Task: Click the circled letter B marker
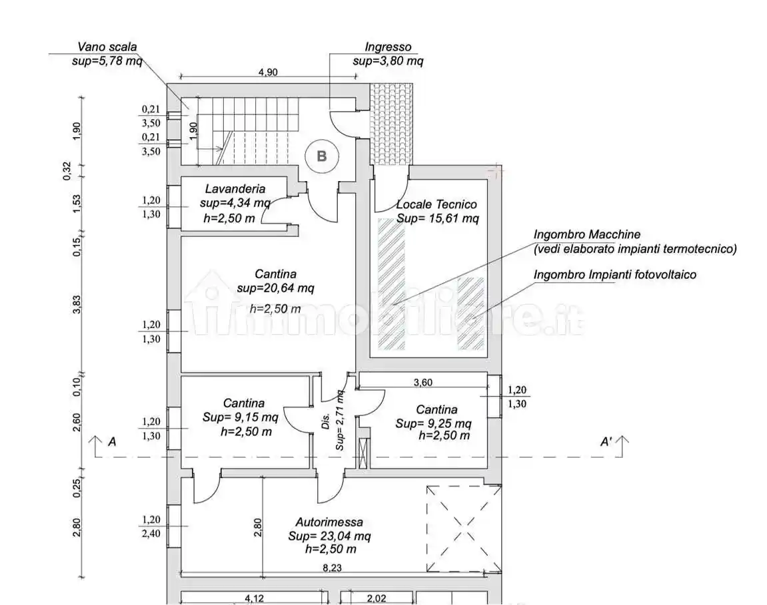pos(321,156)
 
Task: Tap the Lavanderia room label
pos(235,188)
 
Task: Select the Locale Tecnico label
pos(436,204)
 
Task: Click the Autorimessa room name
pos(329,522)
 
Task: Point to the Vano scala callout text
pos(107,47)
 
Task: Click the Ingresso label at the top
pos(388,47)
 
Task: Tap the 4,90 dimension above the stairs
pos(268,73)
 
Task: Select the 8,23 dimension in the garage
pos(332,568)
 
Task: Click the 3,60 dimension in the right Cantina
pos(422,383)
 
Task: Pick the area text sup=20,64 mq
pos(275,288)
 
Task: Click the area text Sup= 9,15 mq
pos(240,417)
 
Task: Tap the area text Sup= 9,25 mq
pos(433,423)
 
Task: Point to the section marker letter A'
pos(606,442)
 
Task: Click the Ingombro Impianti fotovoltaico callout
pos(614,275)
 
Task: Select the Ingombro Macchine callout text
pos(587,234)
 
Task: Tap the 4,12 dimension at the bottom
pos(254,598)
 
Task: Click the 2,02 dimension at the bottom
pos(376,598)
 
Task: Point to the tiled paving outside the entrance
pos(391,124)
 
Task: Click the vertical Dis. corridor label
pos(326,421)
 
